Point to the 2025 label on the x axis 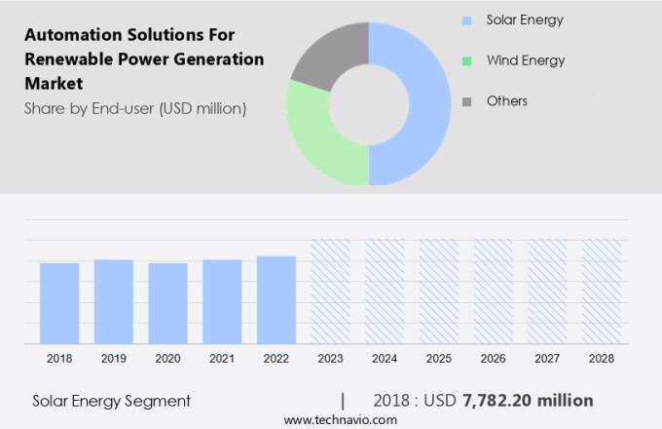(x=439, y=358)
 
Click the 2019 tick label (x=114, y=358)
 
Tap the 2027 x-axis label (x=547, y=358)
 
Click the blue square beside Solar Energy (x=466, y=19)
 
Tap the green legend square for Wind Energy (x=466, y=60)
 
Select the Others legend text (x=507, y=101)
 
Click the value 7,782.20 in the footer (x=505, y=400)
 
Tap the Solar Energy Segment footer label (x=111, y=401)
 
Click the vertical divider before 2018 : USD (x=343, y=400)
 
